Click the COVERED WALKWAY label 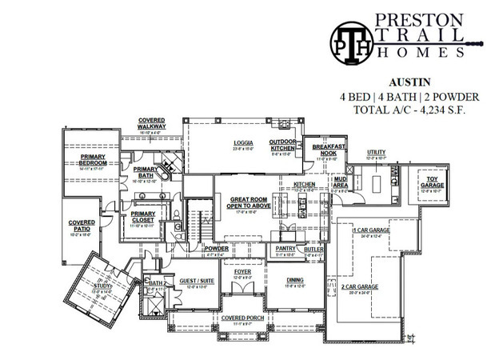click(x=152, y=123)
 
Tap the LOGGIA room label click(x=242, y=145)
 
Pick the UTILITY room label click(x=376, y=151)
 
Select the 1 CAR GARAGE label click(x=371, y=231)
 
